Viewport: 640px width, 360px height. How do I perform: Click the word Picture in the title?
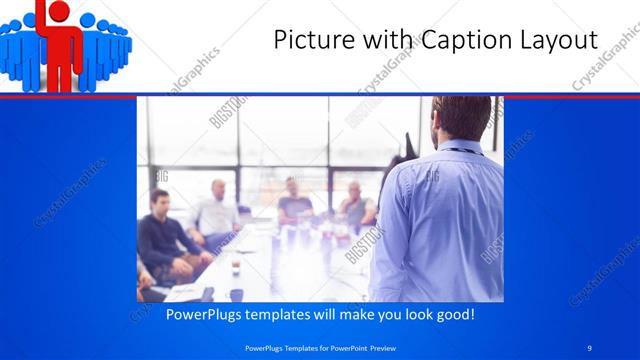(x=310, y=40)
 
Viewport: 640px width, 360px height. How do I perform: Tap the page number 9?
(x=590, y=347)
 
